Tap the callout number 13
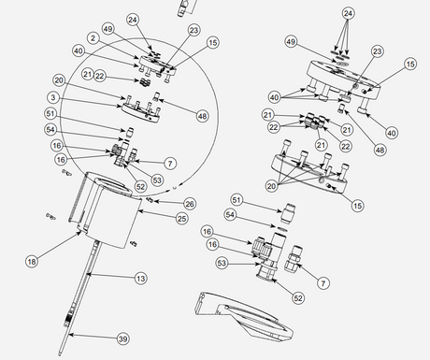tap(141, 278)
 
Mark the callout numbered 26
tap(189, 203)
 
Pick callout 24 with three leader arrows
tap(349, 13)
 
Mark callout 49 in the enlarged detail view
tap(291, 43)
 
